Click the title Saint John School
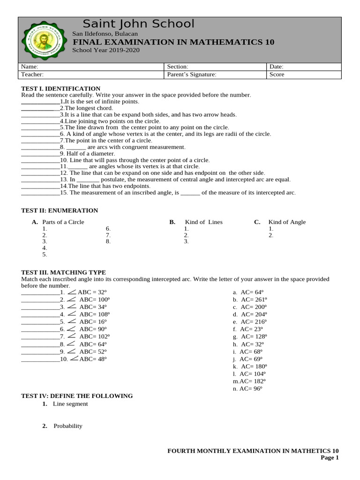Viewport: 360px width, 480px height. [x=138, y=24]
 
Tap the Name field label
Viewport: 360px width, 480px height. [x=29, y=67]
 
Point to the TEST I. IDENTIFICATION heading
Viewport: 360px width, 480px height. [x=61, y=89]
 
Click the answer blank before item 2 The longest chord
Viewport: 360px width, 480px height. [x=40, y=108]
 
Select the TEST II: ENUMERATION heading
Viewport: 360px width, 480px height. [x=60, y=210]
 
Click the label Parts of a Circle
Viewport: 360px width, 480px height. [x=63, y=222]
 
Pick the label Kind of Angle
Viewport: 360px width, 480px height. [x=287, y=222]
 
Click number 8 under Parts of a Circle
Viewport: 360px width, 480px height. [x=108, y=242]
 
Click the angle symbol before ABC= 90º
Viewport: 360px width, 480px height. [x=72, y=329]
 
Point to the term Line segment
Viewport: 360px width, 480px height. [x=70, y=404]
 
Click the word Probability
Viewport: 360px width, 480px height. [x=68, y=426]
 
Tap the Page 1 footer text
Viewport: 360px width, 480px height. [x=330, y=458]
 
